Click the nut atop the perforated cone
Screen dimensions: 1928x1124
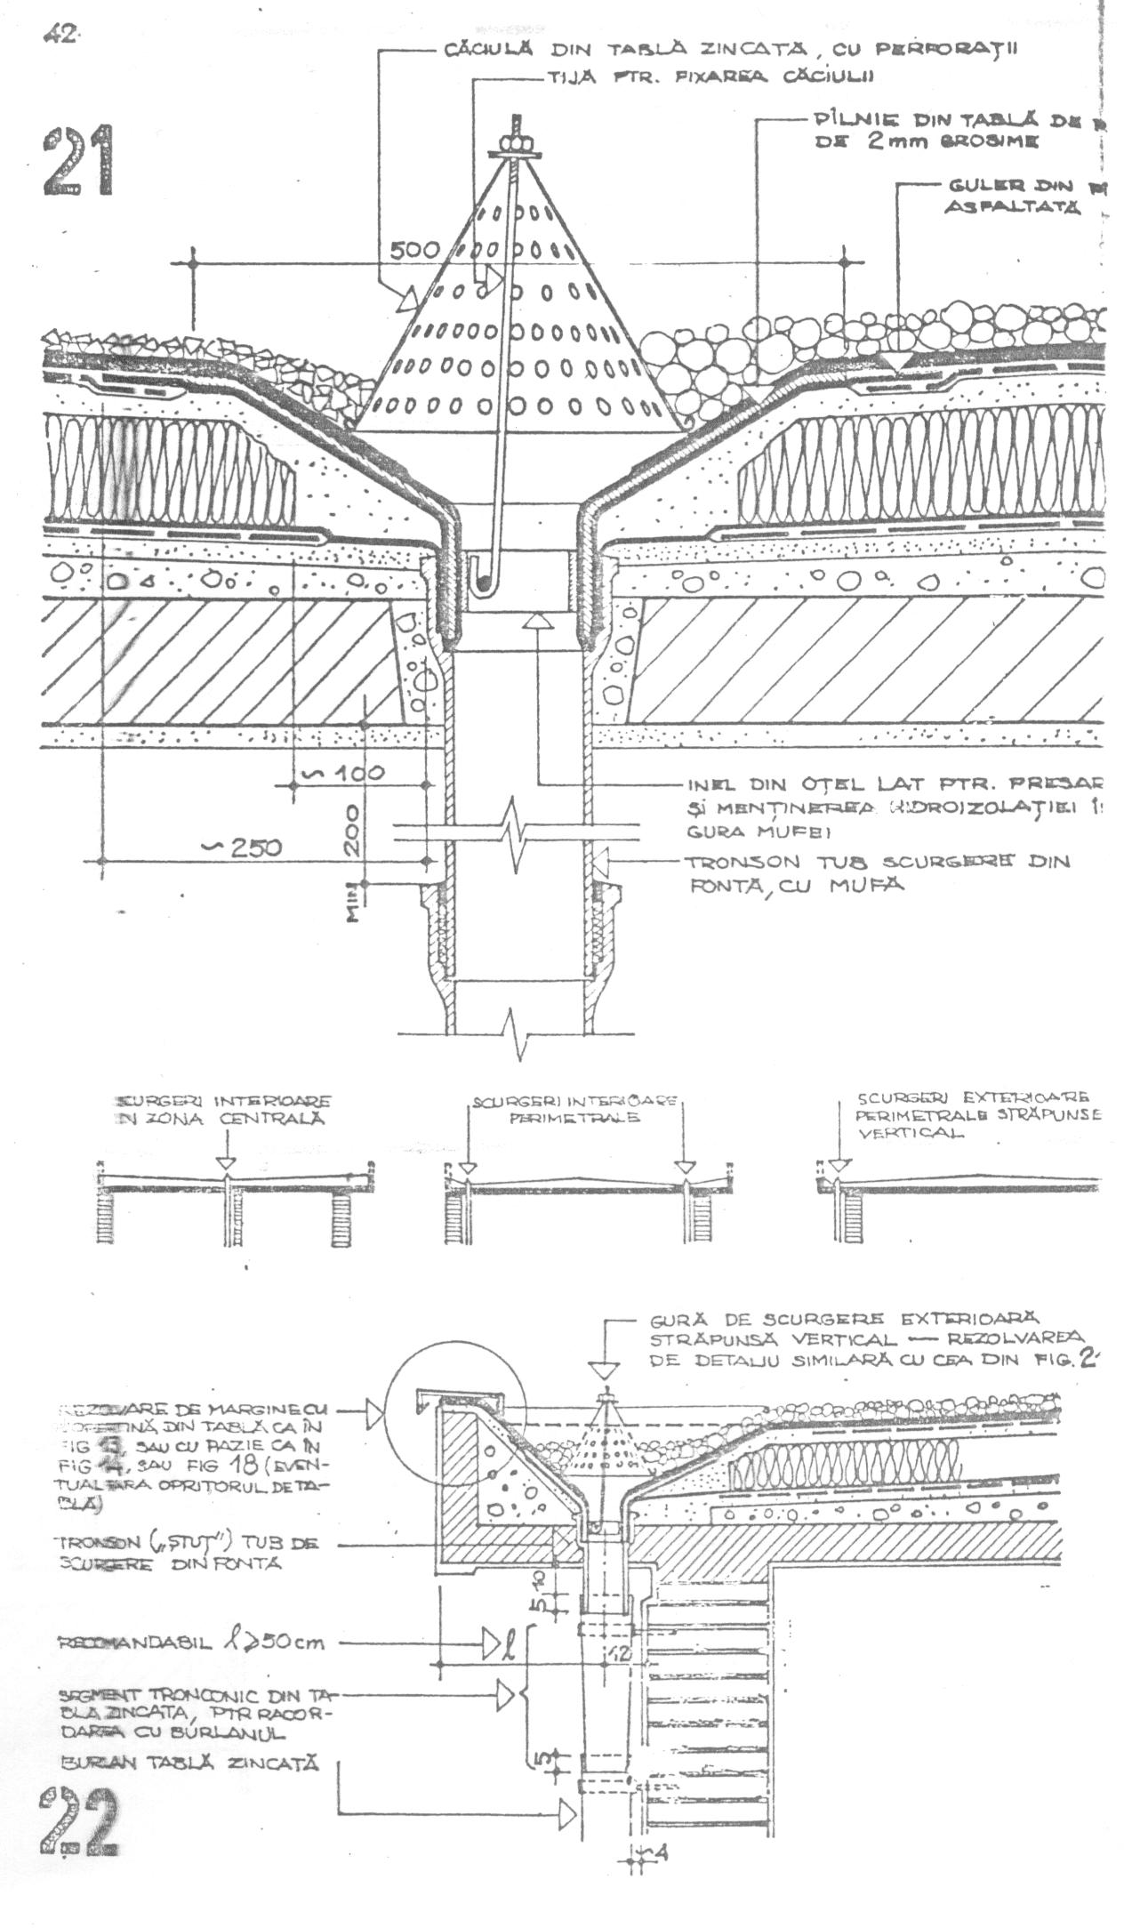(x=514, y=142)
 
